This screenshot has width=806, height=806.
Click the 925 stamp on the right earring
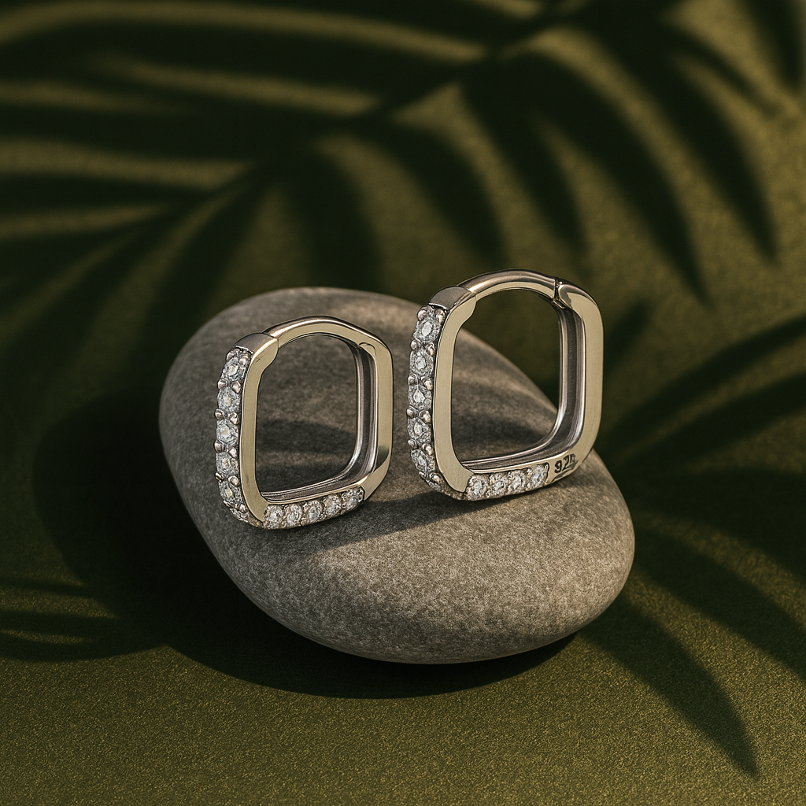pyautogui.click(x=565, y=465)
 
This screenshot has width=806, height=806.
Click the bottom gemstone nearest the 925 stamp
pyautogui.click(x=538, y=476)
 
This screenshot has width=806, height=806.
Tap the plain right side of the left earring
pyautogui.click(x=384, y=417)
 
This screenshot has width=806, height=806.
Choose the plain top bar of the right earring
pyautogui.click(x=504, y=279)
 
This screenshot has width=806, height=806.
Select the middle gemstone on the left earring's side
pyautogui.click(x=227, y=431)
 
